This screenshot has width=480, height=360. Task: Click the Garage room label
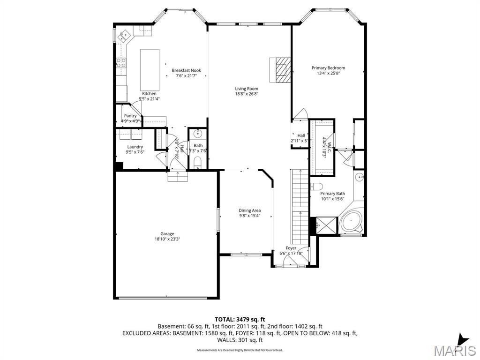167,233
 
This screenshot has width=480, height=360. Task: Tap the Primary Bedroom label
328,68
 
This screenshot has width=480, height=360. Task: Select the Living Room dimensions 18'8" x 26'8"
247,94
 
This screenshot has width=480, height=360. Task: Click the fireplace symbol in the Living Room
281,69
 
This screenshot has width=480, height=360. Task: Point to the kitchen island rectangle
150,70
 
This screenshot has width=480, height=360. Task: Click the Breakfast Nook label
186,70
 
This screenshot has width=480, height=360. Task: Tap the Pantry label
130,116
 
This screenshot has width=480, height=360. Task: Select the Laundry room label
135,147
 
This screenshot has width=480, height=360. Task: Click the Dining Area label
249,210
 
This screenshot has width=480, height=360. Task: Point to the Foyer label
291,248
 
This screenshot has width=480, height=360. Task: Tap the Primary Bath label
333,194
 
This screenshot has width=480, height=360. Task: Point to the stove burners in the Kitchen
121,63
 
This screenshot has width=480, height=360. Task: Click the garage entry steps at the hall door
178,176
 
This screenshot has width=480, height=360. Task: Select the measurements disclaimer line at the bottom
240,350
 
